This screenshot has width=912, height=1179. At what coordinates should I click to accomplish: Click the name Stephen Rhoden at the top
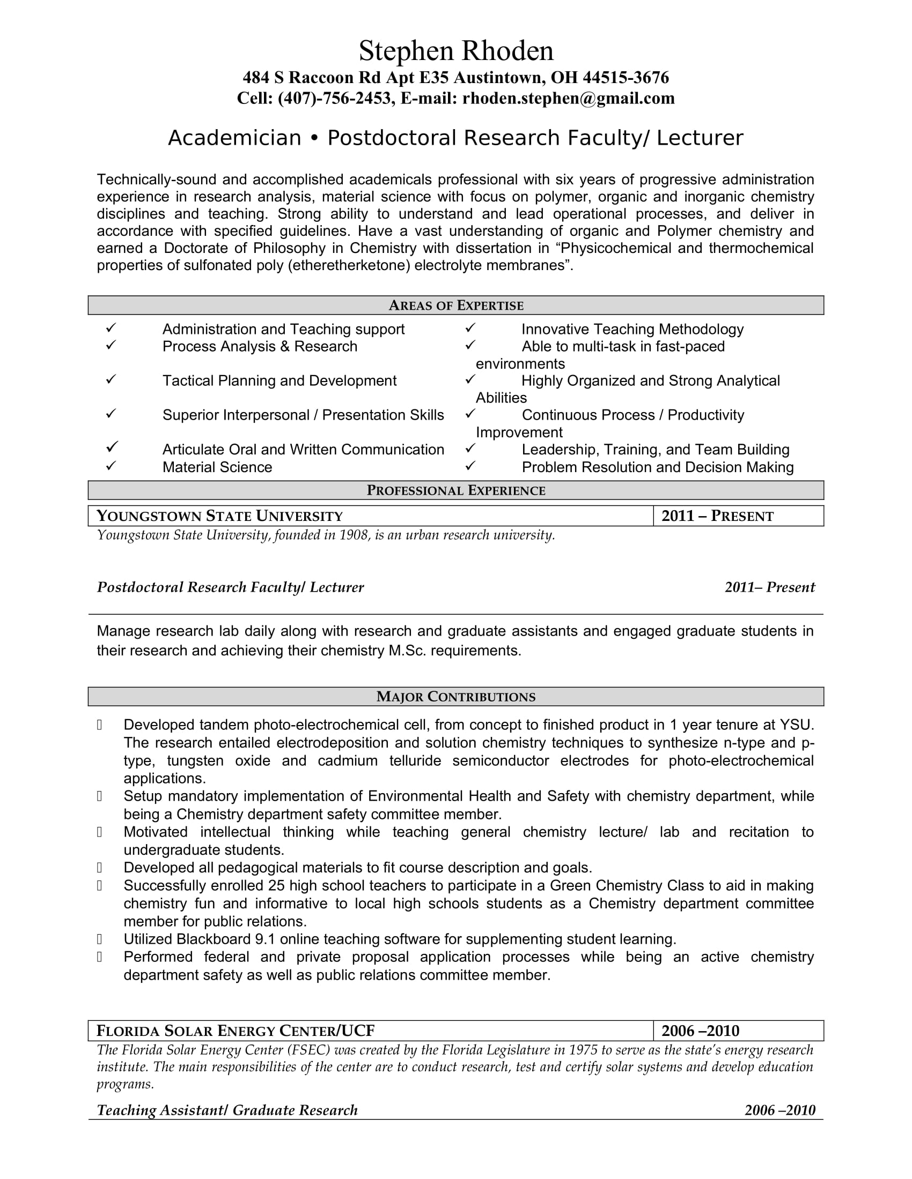[x=456, y=51]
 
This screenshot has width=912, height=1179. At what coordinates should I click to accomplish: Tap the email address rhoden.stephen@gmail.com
[x=568, y=98]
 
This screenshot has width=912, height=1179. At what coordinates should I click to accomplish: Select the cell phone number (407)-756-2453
[x=334, y=98]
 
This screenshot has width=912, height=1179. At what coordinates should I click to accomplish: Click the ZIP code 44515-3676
[x=626, y=78]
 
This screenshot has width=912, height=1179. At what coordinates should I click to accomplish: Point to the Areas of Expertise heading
[x=456, y=305]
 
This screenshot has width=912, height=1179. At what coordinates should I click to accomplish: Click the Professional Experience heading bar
[x=456, y=490]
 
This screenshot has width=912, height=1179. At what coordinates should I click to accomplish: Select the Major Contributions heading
[x=456, y=696]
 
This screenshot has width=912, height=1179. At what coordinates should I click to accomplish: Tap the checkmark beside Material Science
[x=111, y=465]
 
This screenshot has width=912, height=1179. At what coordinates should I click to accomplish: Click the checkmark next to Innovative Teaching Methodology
[x=470, y=327]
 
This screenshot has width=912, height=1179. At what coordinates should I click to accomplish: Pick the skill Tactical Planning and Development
[x=280, y=381]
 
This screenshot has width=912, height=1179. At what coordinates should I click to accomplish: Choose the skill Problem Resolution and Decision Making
[x=658, y=467]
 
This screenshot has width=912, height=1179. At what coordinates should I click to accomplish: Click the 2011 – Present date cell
[x=738, y=516]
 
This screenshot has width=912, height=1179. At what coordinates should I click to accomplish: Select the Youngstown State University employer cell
[x=370, y=516]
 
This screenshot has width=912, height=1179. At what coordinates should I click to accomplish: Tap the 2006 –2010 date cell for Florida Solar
[x=738, y=1031]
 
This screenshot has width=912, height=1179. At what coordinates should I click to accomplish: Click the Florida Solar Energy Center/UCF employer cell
[x=370, y=1031]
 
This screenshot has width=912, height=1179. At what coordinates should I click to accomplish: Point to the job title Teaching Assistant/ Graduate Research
[x=227, y=1110]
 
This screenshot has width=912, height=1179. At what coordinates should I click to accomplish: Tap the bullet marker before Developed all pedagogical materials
[x=99, y=868]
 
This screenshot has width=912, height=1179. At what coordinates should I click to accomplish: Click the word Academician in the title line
[x=234, y=138]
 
